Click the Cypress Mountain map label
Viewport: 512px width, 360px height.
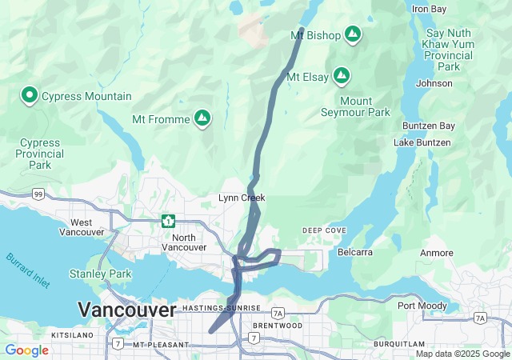(86, 96)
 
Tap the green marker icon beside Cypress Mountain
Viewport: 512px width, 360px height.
(30, 96)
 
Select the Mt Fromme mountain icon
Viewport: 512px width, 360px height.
(203, 119)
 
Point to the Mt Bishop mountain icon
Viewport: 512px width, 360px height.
(352, 34)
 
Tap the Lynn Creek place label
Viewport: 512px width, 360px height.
(242, 198)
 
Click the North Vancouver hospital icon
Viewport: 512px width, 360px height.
(168, 220)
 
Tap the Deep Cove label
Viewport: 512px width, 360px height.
(324, 230)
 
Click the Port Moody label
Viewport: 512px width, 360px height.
(422, 305)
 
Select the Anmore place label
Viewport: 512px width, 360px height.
(437, 253)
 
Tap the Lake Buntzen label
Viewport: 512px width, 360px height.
(422, 142)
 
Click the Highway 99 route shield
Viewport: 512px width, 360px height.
(38, 194)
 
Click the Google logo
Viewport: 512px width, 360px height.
(26, 350)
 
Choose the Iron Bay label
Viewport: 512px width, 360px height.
(429, 9)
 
